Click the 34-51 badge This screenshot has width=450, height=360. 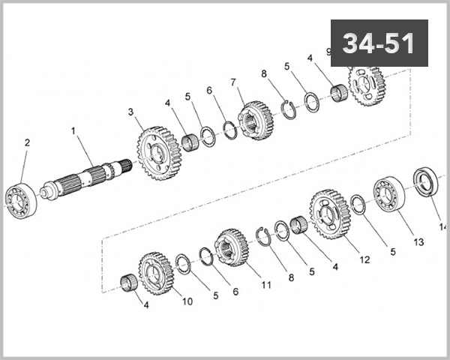[x=379, y=43]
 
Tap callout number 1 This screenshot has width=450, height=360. [x=73, y=130]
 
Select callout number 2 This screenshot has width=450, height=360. [x=27, y=142]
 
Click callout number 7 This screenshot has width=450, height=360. [x=233, y=82]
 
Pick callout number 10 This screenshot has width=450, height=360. [x=187, y=301]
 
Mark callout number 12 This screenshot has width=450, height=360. [x=364, y=260]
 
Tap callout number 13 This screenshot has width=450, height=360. [x=418, y=242]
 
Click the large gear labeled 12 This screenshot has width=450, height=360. [x=331, y=213]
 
